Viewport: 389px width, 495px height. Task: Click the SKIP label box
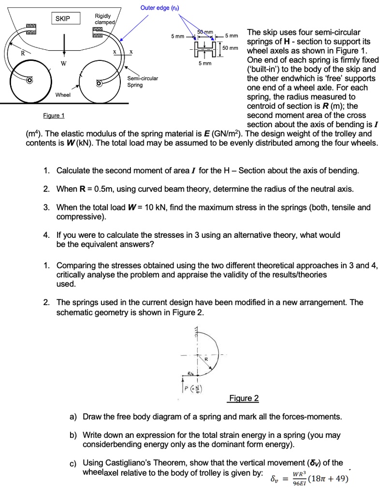[x=63, y=18]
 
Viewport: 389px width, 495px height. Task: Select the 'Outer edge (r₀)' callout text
[x=160, y=8]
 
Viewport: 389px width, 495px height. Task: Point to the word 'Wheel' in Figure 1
[x=63, y=95]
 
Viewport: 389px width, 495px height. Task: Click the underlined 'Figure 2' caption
[x=244, y=398]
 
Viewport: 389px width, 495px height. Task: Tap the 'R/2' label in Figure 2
[x=191, y=373]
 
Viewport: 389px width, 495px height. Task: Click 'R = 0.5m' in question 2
[x=91, y=189]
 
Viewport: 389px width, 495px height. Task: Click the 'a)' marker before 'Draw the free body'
[x=74, y=416]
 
